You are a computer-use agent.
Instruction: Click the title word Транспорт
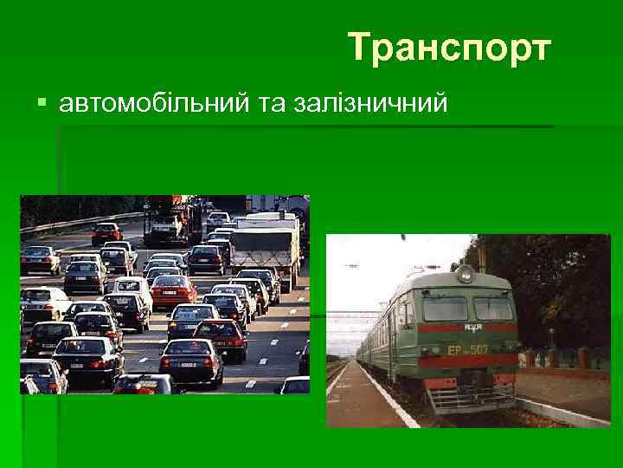[x=449, y=49]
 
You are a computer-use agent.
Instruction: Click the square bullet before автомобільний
[x=42, y=105]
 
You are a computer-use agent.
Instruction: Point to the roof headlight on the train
[x=466, y=276]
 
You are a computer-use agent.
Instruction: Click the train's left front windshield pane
[x=445, y=308]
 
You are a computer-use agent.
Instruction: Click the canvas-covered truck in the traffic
[x=264, y=247]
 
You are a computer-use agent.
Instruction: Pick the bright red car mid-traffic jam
[x=173, y=290]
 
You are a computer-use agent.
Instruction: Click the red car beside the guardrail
[x=106, y=232]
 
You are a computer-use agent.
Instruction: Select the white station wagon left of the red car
[x=132, y=287]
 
